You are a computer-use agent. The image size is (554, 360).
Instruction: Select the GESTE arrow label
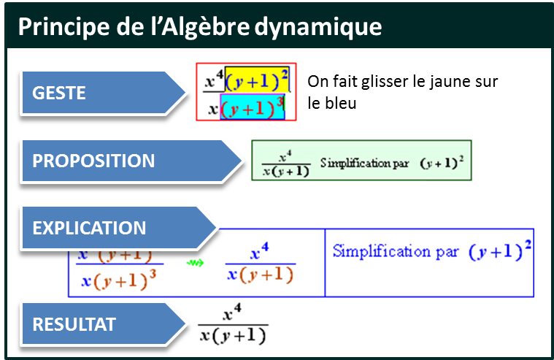(x=59, y=93)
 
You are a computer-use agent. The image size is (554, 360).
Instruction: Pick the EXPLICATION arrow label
(x=89, y=227)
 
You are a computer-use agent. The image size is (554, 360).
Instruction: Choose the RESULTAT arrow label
(x=74, y=324)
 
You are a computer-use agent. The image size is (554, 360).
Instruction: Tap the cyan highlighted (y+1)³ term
(x=253, y=108)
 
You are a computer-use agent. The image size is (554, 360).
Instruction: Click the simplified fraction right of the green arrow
(x=260, y=264)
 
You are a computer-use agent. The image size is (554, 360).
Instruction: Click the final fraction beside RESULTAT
(x=233, y=326)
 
